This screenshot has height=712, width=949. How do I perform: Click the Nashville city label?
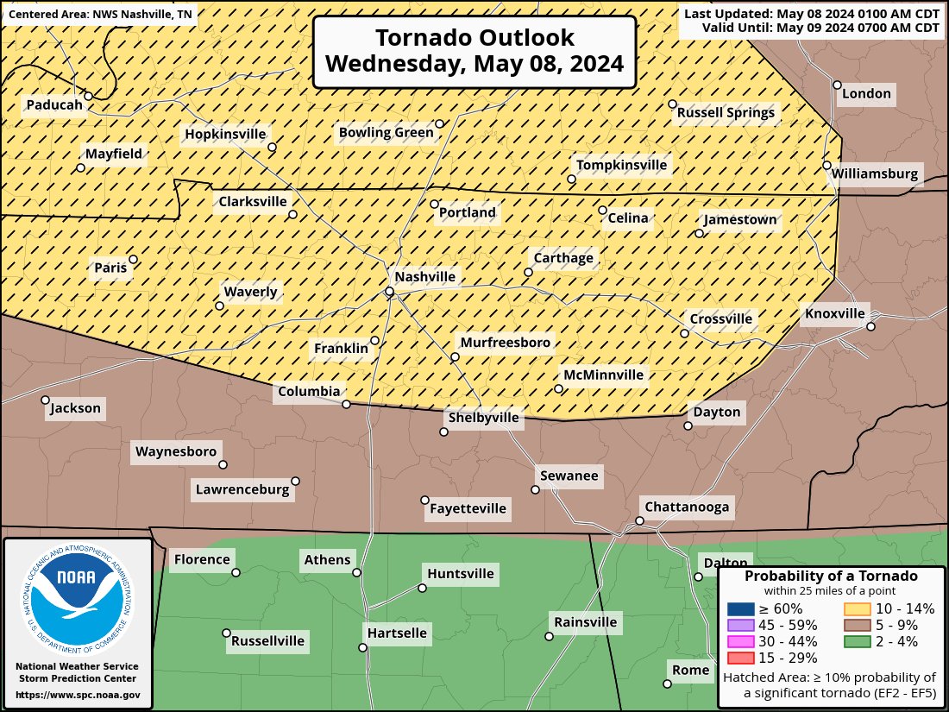coord(424,277)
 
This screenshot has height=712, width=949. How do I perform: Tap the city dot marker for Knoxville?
coord(870,326)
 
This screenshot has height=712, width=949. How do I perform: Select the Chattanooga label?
coord(687,507)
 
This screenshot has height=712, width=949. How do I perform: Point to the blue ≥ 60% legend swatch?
coord(739,608)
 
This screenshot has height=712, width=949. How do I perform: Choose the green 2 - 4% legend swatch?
coord(857,641)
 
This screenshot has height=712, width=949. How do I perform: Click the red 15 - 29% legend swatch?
coord(739,658)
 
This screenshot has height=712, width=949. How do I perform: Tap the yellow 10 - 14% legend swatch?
coord(857,608)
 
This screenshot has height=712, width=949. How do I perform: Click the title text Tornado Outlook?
coord(474,38)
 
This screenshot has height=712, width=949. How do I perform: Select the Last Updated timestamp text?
coord(812,13)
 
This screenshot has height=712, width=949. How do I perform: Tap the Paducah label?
coord(54,105)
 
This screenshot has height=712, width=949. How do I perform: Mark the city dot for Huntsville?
coord(423,589)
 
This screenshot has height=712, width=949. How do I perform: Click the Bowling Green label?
coord(386,132)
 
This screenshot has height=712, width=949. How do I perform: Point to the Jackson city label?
coord(76,408)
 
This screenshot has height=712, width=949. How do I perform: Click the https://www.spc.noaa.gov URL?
coord(78,695)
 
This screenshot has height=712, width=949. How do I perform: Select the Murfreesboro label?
coord(505,343)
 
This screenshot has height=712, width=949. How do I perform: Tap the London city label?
coord(866,93)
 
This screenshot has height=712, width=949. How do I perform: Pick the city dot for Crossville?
coord(684,333)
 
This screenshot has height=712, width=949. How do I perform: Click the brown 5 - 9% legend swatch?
coord(857,625)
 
